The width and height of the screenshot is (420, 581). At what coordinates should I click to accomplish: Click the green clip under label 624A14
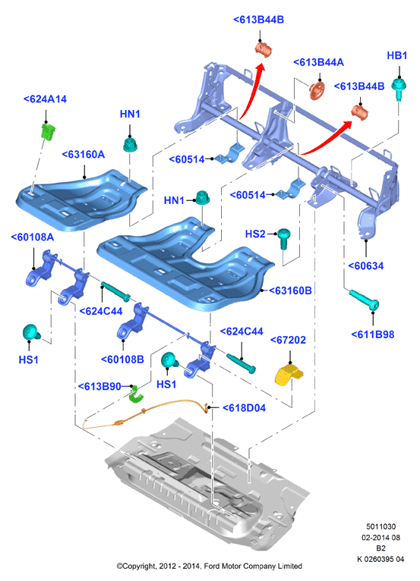tap(48, 132)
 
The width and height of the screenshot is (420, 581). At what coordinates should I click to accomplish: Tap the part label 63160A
tap(84, 155)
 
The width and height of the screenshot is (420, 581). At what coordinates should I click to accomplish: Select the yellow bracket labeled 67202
tap(290, 375)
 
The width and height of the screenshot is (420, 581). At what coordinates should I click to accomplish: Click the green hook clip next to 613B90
tap(136, 394)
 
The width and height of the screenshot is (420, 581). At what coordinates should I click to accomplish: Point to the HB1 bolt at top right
tap(399, 89)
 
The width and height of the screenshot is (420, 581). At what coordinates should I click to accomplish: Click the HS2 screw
tap(284, 238)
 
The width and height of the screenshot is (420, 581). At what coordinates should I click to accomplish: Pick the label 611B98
tap(373, 334)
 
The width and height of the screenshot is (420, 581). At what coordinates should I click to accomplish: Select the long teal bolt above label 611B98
tap(364, 300)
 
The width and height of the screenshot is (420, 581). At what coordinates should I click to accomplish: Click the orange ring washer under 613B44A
tap(317, 90)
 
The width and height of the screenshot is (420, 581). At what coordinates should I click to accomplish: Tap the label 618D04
tap(244, 408)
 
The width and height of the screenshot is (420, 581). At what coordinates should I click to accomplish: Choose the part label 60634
tap(365, 265)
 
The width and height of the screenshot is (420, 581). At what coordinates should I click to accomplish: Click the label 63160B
tap(291, 290)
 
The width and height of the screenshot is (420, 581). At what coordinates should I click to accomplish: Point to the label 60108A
tap(33, 237)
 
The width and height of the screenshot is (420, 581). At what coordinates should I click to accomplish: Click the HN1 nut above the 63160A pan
tap(130, 144)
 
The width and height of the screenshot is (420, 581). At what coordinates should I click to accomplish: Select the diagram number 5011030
tap(381, 526)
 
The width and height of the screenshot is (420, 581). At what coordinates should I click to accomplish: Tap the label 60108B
tap(122, 360)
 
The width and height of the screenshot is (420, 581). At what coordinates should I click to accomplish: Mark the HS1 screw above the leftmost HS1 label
tap(32, 333)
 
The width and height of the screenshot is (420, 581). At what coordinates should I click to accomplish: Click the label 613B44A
tap(318, 62)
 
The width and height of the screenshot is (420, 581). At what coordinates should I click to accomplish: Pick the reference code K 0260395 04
tap(381, 559)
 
